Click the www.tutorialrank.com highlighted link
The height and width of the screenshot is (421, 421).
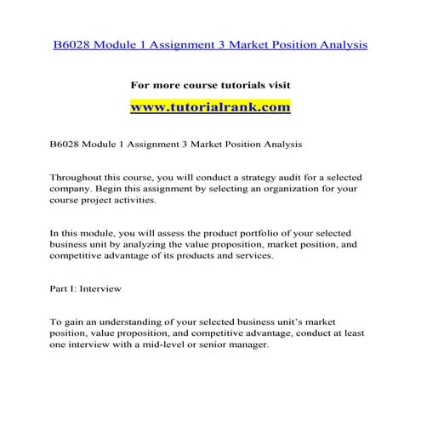click(210, 108)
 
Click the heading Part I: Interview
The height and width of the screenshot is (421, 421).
click(86, 288)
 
